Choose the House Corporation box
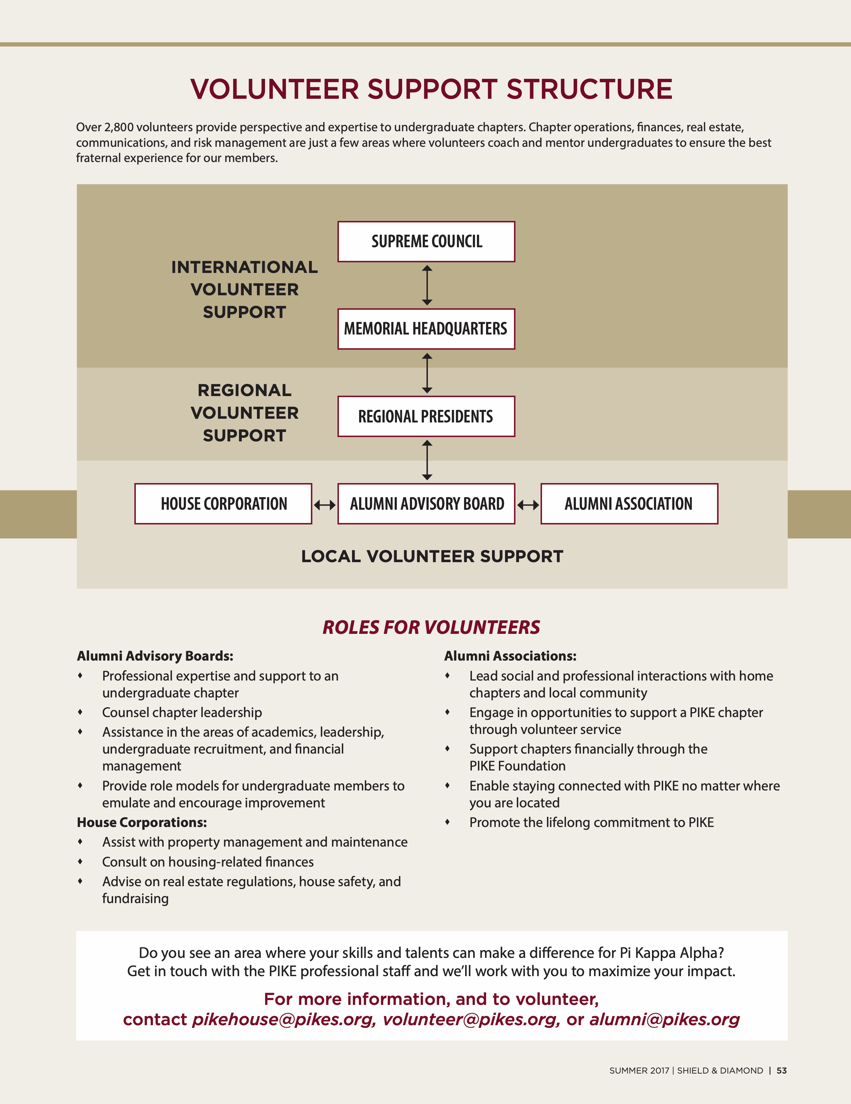[223, 504]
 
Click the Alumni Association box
[629, 504]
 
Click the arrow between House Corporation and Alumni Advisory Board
[325, 505]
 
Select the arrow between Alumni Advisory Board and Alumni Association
[528, 505]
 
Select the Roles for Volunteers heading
[431, 627]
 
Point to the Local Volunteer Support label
[432, 556]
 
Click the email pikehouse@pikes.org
[283, 1019]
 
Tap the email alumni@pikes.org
[664, 1019]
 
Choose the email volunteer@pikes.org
[471, 1019]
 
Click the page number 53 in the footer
[781, 1071]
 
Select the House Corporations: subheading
[142, 823]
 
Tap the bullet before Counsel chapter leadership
[80, 712]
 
